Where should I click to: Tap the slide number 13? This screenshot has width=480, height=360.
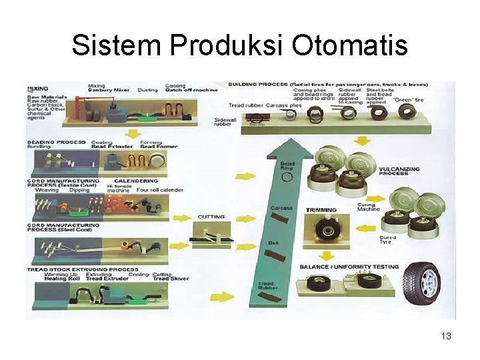tap(446, 336)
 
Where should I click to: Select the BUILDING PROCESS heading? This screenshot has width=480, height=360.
tap(259, 85)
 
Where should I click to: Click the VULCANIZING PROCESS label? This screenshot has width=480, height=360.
tap(399, 172)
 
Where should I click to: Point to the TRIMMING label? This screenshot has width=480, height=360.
tap(321, 210)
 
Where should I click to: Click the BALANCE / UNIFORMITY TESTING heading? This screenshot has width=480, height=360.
tap(349, 267)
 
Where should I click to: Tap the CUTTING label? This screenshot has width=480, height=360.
tap(211, 217)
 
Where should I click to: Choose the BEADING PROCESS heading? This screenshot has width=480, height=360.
tap(57, 142)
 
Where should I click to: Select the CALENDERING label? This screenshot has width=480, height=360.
tap(136, 181)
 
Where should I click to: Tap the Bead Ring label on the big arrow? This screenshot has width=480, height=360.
tap(287, 165)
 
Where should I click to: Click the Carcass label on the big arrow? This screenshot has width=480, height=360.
tap(281, 208)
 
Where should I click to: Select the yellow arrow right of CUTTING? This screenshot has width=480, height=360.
tap(245, 218)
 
